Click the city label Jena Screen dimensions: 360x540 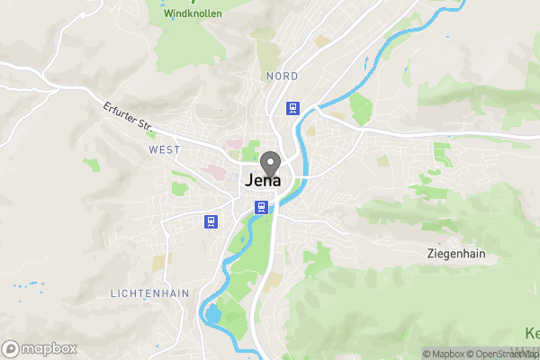[x=263, y=180]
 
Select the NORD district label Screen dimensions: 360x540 [x=282, y=76]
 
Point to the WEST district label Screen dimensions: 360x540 [x=165, y=149]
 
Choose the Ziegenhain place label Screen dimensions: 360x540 [x=456, y=254]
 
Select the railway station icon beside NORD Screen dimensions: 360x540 [x=292, y=108]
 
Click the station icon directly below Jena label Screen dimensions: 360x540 [x=261, y=207]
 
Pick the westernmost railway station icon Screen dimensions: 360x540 [x=211, y=221]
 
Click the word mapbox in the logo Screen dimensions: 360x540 [x=49, y=349]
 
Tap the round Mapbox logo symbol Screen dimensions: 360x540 [x=11, y=349]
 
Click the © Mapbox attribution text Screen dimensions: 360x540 [x=445, y=354]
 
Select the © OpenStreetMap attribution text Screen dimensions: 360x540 [x=504, y=354]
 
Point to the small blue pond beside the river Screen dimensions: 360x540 [x=212, y=314]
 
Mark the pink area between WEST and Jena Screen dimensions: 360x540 [x=217, y=171]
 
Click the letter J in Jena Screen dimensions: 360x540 [x=249, y=180]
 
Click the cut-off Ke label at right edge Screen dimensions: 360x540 [x=530, y=331]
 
